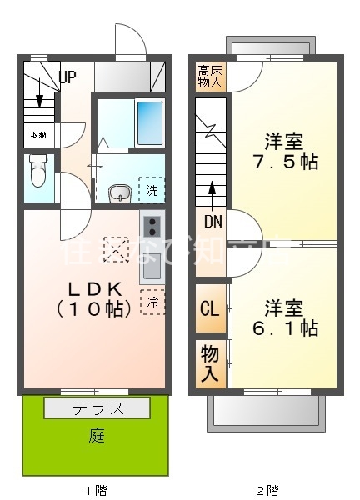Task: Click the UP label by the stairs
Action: click(67, 77)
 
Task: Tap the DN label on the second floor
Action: click(213, 222)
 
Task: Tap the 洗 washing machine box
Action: click(152, 190)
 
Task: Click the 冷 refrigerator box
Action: click(153, 302)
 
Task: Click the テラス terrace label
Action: click(97, 408)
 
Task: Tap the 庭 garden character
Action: click(97, 436)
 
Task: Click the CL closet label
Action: click(209, 308)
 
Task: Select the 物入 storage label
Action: click(209, 362)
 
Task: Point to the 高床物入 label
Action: click(210, 77)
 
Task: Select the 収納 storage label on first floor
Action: click(38, 134)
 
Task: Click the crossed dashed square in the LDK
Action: click(116, 248)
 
